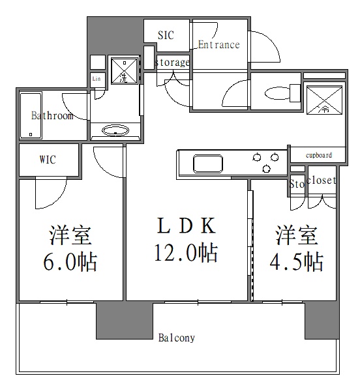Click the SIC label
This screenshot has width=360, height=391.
click(x=166, y=35)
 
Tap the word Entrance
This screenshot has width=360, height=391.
click(x=218, y=45)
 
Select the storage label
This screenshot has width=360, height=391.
click(x=173, y=63)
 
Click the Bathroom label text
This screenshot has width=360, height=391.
click(x=52, y=116)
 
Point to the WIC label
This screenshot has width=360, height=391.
click(x=48, y=159)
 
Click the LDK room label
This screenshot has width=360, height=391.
click(x=187, y=225)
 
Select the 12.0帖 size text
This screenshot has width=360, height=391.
click(x=187, y=253)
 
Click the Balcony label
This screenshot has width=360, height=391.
click(x=177, y=338)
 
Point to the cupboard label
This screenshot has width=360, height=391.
click(x=319, y=155)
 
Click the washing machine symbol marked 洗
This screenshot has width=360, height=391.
click(x=124, y=72)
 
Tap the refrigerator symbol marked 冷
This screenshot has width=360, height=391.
click(x=323, y=100)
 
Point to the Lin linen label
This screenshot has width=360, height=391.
click(x=97, y=80)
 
